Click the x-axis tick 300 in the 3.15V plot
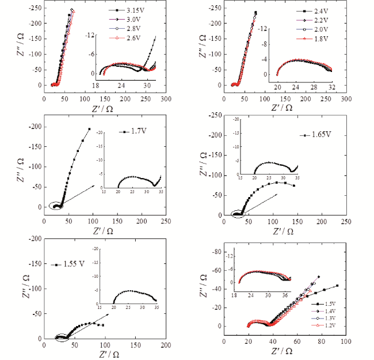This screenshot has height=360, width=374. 166,98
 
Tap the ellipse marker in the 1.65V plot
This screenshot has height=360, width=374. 239,214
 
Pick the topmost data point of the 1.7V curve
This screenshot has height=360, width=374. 89,129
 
